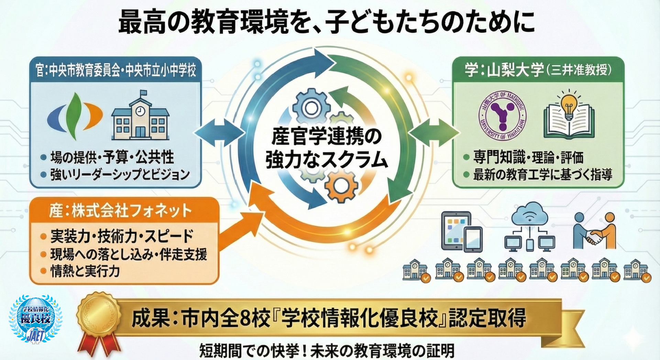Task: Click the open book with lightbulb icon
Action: pos(569,115)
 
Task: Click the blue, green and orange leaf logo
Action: pos(75,115)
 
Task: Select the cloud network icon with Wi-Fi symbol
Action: pos(529,227)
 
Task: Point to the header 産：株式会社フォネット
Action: pos(120,211)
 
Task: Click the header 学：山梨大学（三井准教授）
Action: pos(538,70)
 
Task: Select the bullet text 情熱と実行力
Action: pos(85,271)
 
